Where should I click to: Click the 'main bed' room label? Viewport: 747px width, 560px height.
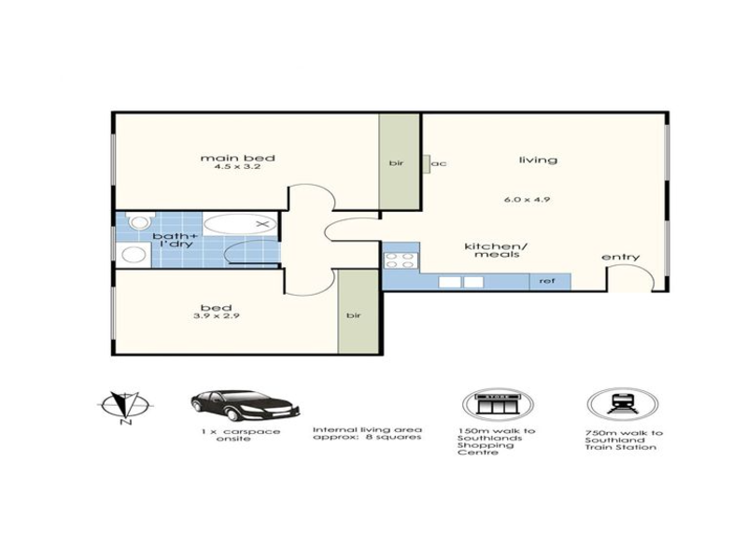pyautogui.click(x=238, y=158)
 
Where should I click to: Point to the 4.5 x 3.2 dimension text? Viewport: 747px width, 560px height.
pyautogui.click(x=237, y=167)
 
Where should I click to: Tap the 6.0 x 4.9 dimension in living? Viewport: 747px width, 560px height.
pyautogui.click(x=527, y=199)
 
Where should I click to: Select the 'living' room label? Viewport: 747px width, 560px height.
pyautogui.click(x=538, y=160)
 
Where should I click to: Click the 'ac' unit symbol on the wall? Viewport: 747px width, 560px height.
pyautogui.click(x=427, y=163)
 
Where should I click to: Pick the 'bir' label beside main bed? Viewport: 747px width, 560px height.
pyautogui.click(x=396, y=162)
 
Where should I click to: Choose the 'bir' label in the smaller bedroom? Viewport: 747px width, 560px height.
pyautogui.click(x=354, y=315)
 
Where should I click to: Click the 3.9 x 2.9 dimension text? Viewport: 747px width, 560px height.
pyautogui.click(x=217, y=315)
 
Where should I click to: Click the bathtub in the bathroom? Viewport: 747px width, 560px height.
pyautogui.click(x=240, y=224)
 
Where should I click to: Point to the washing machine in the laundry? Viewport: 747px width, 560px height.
pyautogui.click(x=134, y=255)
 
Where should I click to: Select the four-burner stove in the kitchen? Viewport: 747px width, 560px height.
pyautogui.click(x=401, y=261)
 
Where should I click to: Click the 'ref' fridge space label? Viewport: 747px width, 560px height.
pyautogui.click(x=547, y=281)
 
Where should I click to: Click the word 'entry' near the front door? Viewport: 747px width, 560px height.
pyautogui.click(x=621, y=258)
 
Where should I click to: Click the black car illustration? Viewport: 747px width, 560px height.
pyautogui.click(x=245, y=405)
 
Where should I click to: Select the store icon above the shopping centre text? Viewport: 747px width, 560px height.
pyautogui.click(x=498, y=405)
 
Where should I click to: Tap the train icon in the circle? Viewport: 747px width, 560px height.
pyautogui.click(x=622, y=405)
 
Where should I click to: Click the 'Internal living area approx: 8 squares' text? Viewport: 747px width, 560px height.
pyautogui.click(x=367, y=433)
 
